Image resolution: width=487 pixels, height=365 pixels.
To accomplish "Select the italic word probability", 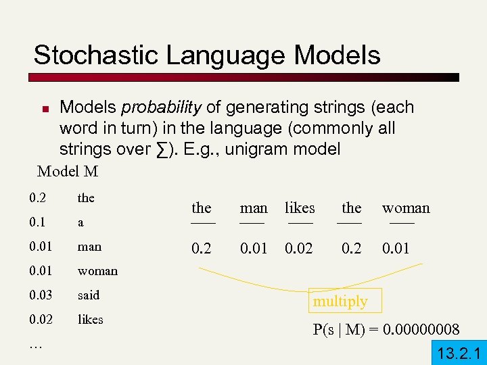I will [161, 107].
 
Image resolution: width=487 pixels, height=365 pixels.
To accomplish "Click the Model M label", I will [68, 172].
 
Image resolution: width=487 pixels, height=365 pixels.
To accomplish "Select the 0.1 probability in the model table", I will [38, 222].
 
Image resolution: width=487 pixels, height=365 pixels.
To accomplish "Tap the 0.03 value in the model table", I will [41, 295].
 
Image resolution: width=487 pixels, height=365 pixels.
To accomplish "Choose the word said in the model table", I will [89, 295].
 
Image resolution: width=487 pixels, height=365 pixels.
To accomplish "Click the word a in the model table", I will [80, 222].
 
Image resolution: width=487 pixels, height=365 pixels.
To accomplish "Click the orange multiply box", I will [340, 301].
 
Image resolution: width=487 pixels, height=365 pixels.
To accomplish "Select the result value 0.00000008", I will [421, 330].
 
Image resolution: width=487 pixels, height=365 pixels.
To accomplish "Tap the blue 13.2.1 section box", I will [458, 353].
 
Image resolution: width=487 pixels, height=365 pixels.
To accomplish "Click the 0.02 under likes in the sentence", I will [299, 249].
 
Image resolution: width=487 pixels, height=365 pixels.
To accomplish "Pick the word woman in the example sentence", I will [406, 208].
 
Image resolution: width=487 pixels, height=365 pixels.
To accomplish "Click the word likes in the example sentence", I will [300, 208].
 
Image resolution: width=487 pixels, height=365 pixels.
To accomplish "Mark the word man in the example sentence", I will [254, 208].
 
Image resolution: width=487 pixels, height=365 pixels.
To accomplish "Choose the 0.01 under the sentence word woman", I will [396, 249].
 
